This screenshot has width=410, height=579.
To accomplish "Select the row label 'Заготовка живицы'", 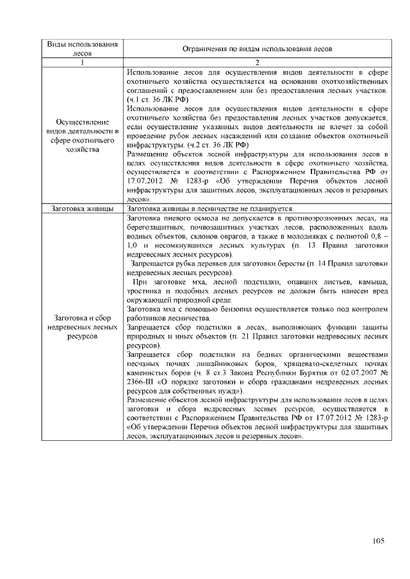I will [83, 209].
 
